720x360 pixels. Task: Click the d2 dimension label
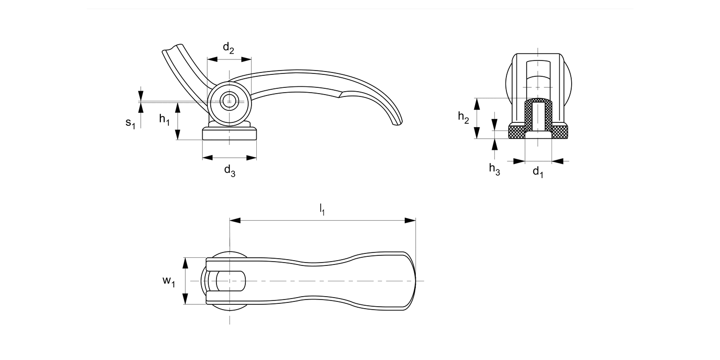(228, 48)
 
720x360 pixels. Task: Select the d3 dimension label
(229, 170)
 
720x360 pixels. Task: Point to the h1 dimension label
(165, 120)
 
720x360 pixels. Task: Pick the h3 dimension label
(494, 168)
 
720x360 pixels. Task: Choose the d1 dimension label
(538, 172)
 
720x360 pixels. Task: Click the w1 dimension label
(168, 281)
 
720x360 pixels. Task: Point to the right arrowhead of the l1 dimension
(410, 220)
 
